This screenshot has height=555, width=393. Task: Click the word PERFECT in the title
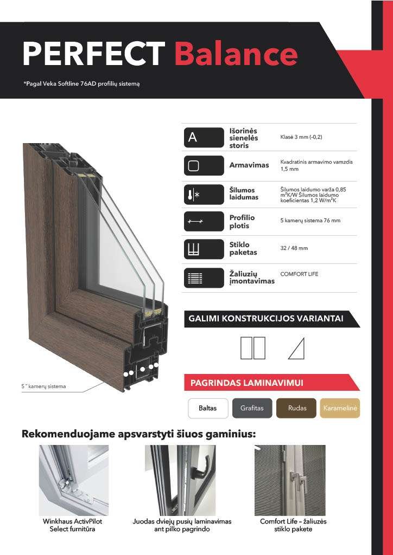coord(93,54)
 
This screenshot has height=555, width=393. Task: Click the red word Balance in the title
coord(236,54)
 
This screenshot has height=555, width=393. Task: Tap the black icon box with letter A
coord(204,138)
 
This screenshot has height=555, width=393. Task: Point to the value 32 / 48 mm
coord(294,248)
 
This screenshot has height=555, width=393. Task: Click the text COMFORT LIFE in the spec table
coord(299,274)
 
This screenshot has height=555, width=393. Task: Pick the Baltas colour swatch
coord(207,408)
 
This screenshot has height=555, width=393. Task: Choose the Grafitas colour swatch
coord(252,408)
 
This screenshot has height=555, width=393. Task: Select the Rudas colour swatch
coord(296,408)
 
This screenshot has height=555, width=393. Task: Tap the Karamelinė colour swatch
coord(340,408)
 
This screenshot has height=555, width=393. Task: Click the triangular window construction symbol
coord(296,348)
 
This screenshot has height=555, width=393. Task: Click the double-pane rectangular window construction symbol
coord(252,348)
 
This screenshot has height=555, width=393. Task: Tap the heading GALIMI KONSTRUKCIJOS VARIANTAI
coord(265,319)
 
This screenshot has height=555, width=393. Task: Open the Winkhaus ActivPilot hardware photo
coord(73,480)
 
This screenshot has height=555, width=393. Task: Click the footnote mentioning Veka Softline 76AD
coord(81,84)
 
